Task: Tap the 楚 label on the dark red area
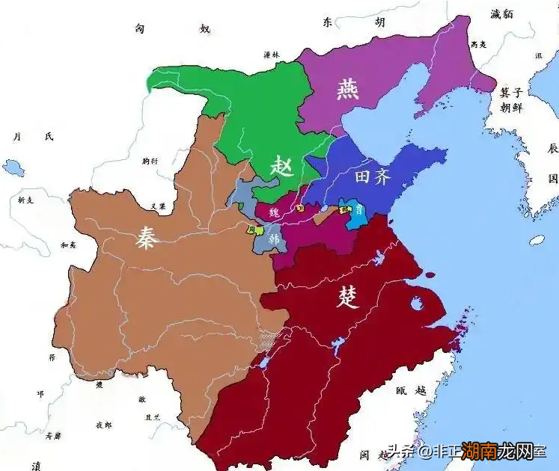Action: pos(348,297)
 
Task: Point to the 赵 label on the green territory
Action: pos(282,164)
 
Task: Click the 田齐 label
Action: pos(371,178)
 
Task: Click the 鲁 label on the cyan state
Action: pos(360,210)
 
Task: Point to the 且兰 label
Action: pos(152,418)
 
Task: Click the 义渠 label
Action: pos(158,206)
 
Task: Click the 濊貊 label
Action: pos(501,13)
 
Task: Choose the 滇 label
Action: pos(35,464)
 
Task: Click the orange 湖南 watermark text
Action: pos(480,452)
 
